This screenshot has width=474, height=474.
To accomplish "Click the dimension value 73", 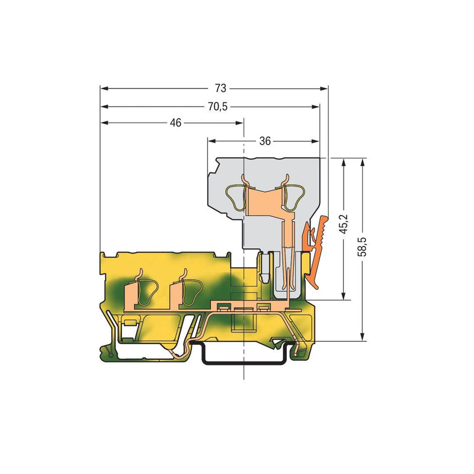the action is point(220,88).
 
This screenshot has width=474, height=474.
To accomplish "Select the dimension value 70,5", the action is point(217,107).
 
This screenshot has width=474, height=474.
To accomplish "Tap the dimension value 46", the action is point(175,123).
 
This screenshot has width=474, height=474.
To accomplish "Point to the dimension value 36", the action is point(265,141).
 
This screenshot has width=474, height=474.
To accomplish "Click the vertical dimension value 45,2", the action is point(344,224).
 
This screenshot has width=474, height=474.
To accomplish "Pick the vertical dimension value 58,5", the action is point(363,246).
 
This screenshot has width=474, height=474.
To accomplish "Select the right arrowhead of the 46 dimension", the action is point(239,123).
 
